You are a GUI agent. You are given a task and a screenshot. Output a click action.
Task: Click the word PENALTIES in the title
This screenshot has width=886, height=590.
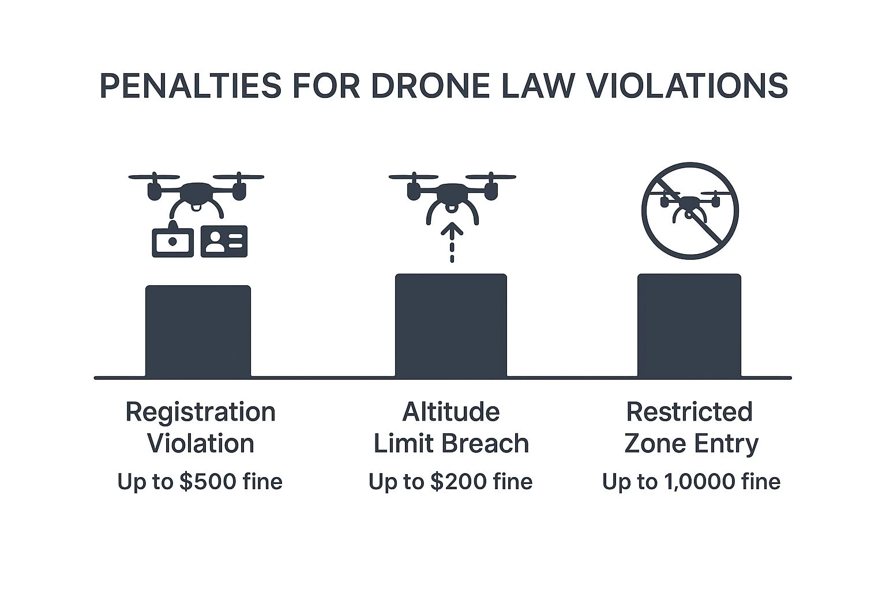(191, 85)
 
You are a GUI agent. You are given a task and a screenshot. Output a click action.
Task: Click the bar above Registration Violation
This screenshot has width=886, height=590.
(198, 331)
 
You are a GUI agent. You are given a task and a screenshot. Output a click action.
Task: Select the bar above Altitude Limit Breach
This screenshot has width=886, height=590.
(451, 325)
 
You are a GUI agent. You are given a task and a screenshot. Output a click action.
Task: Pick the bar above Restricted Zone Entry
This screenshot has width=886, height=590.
(689, 325)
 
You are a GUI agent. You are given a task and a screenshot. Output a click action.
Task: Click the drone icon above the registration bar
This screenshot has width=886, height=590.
(196, 195)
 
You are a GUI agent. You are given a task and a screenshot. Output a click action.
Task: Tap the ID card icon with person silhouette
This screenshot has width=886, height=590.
(224, 241)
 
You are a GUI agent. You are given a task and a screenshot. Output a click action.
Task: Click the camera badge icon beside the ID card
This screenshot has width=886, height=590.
(173, 240)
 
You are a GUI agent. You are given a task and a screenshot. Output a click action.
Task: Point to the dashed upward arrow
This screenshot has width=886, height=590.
(452, 242)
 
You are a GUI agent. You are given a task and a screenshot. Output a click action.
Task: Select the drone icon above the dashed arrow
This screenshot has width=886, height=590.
(452, 198)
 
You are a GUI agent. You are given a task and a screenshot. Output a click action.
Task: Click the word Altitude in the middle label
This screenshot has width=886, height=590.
(451, 412)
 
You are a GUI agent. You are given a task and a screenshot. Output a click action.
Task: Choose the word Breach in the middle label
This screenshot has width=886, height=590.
(485, 444)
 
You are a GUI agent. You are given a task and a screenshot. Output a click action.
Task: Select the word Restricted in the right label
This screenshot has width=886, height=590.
(689, 412)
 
